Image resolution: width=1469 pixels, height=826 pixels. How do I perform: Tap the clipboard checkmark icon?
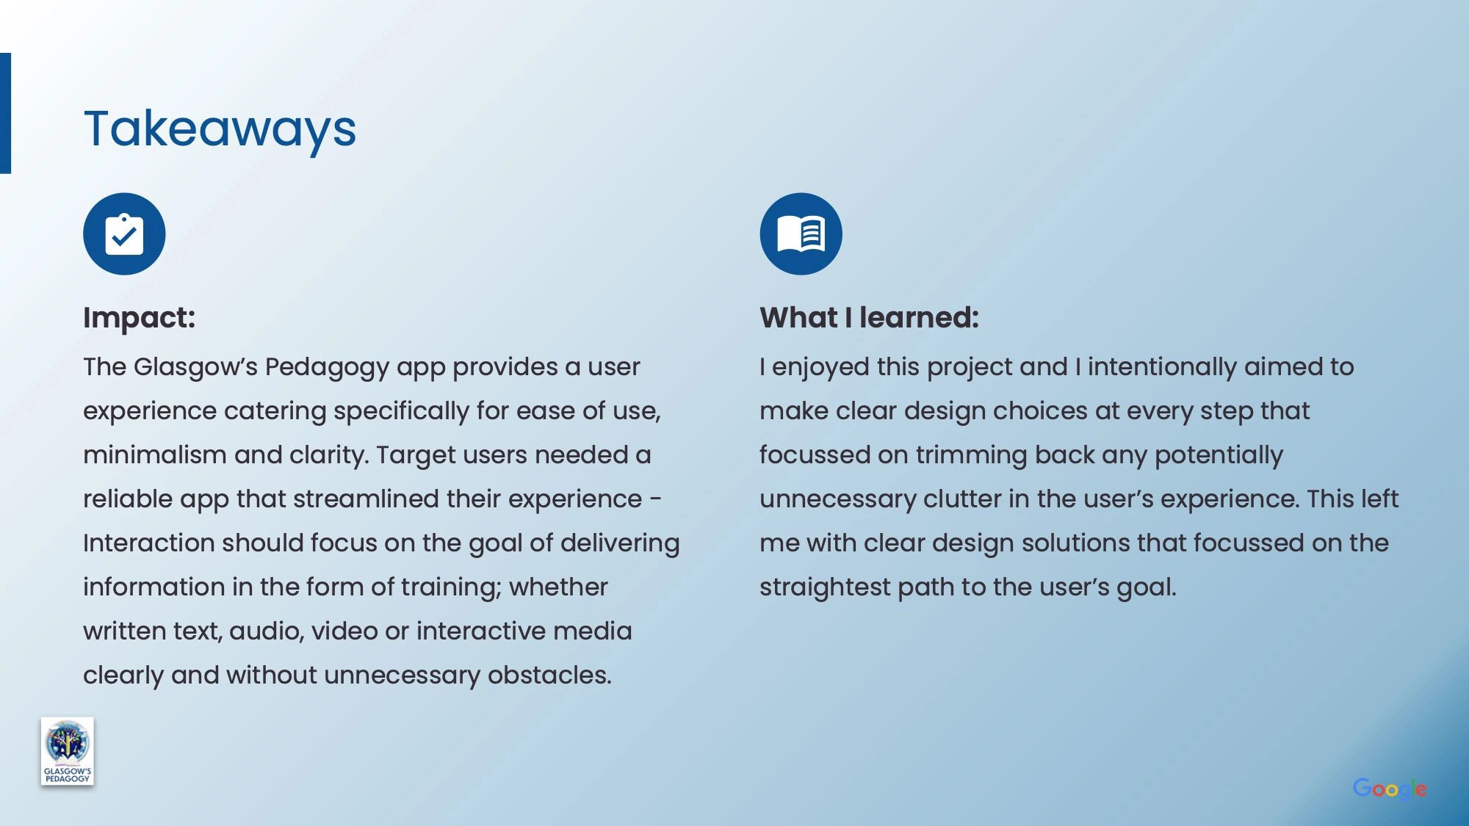pos(124,234)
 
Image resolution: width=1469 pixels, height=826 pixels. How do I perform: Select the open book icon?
pos(801,234)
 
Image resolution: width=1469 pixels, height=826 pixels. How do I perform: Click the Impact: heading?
pos(140,318)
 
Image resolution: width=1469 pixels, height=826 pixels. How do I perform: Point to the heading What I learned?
pos(870,318)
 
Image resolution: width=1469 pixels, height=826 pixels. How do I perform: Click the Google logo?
pos(1390,789)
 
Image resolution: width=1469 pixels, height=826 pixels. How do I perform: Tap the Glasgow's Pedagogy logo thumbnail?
pos(68,751)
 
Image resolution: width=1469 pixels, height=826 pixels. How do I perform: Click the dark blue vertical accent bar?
pos(5,113)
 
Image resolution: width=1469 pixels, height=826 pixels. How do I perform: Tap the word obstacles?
pos(549,675)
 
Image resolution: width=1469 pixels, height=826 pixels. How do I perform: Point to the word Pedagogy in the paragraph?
pos(327,368)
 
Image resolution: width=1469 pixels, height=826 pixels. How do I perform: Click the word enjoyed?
pos(821,368)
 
